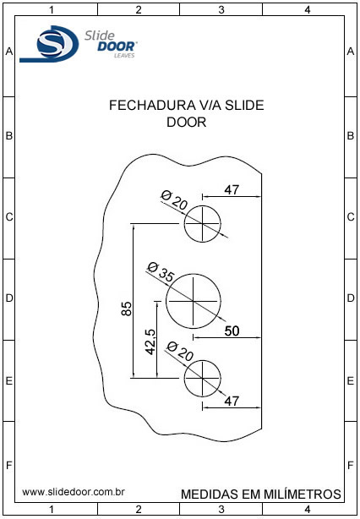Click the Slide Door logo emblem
(x=49, y=44)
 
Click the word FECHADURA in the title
(x=152, y=106)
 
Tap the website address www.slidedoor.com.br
(x=74, y=492)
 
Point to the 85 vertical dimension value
(x=127, y=309)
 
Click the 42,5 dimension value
(x=151, y=342)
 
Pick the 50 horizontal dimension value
(x=232, y=331)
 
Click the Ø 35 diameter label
(x=161, y=272)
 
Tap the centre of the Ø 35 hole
(x=194, y=301)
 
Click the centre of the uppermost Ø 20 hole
(x=202, y=224)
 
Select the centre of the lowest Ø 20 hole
(x=202, y=378)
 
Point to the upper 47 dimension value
(x=232, y=190)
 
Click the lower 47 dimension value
(x=232, y=402)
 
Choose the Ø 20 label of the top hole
(x=174, y=200)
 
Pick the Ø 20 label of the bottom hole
(x=180, y=352)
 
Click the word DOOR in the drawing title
(x=186, y=122)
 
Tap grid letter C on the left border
(x=9, y=217)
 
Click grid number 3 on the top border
(x=221, y=10)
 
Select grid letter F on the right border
(x=351, y=466)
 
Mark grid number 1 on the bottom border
(x=52, y=508)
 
